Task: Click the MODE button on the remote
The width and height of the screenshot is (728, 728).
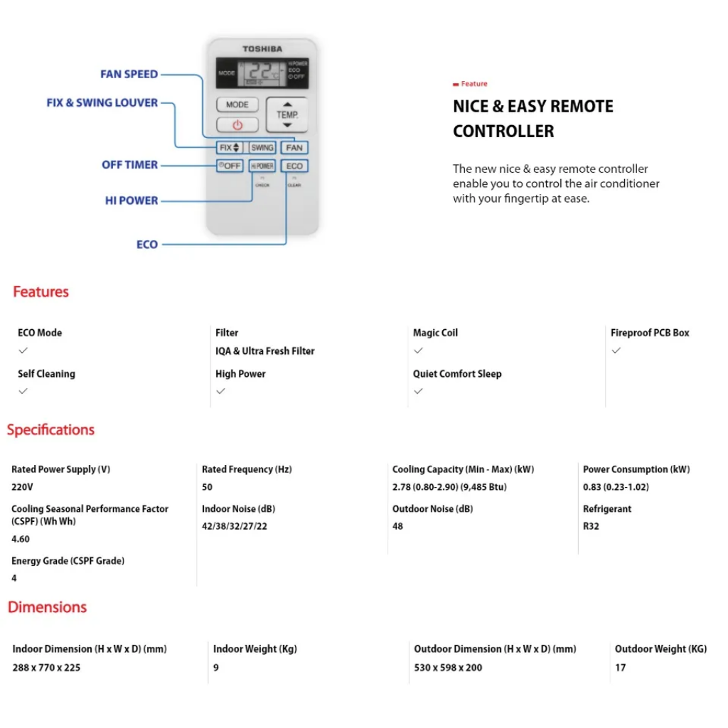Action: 237,105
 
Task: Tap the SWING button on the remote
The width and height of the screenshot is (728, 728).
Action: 262,148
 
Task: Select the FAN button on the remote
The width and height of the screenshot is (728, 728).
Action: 294,148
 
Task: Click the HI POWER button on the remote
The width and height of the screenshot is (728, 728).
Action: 262,166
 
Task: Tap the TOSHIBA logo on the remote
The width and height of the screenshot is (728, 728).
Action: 262,49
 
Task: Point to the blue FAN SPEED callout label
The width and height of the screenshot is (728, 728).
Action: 129,74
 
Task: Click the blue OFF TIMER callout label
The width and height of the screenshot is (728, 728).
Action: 129,164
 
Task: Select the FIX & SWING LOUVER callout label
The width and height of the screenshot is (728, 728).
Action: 102,102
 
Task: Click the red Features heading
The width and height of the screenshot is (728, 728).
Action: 41,291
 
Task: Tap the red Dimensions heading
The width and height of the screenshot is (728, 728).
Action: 47,607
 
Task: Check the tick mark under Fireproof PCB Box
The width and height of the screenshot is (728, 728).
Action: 616,350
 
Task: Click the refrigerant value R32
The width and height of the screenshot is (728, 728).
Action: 591,526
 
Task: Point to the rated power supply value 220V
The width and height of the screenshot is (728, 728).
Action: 22,487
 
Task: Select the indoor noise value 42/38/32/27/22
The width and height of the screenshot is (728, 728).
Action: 235,526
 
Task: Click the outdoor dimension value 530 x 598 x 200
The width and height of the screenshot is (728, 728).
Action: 448,668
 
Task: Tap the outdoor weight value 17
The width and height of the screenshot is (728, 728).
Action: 621,668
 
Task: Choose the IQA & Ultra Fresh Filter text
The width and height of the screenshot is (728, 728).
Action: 265,350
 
